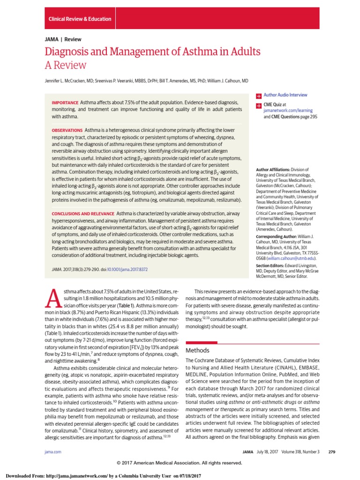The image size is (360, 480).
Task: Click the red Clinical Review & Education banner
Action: (80, 19)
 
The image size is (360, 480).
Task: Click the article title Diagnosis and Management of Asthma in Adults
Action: (153, 51)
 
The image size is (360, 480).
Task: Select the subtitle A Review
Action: (66, 65)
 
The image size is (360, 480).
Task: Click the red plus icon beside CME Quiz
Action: (258, 105)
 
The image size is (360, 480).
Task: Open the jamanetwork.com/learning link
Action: (286, 111)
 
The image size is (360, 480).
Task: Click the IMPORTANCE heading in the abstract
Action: (65, 102)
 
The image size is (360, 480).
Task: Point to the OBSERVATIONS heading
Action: (67, 129)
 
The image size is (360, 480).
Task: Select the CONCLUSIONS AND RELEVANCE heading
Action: (82, 213)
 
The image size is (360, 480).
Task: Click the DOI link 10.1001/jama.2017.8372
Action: (127, 270)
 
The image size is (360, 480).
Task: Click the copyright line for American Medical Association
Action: (180, 463)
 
